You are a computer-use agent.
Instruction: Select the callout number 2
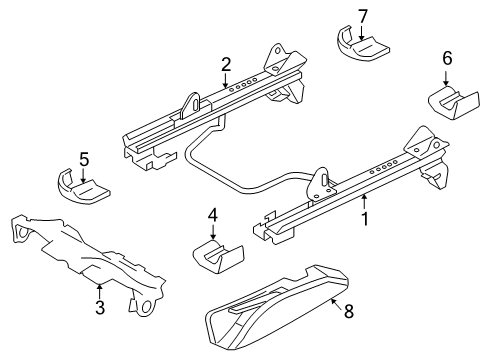tap(227, 65)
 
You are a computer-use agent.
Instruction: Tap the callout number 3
tap(99, 307)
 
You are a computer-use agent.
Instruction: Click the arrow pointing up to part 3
tap(99, 290)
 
